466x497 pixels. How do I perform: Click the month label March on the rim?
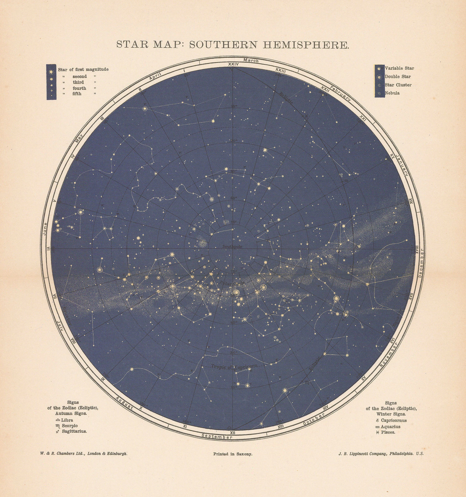click(251, 61)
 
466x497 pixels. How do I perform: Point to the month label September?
click(217, 436)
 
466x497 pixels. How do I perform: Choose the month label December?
click(422, 264)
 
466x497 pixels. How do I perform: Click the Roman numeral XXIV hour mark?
click(233, 64)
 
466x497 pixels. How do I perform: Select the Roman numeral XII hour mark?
click(232, 432)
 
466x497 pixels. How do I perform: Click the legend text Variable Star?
click(399, 68)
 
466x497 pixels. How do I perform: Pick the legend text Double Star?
click(398, 77)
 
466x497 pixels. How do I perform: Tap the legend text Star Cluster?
click(398, 85)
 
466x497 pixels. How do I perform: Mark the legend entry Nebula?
click(392, 93)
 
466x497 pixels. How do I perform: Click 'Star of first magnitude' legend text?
click(83, 69)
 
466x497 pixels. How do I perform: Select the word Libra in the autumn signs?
click(67, 420)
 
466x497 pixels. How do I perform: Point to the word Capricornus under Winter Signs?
click(394, 421)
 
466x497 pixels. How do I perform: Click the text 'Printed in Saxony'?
click(233, 454)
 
